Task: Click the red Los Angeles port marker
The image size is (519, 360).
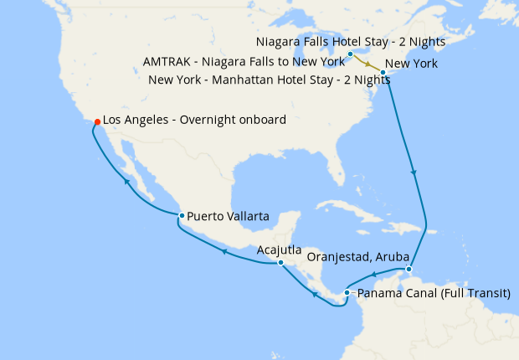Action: pyautogui.click(x=98, y=121)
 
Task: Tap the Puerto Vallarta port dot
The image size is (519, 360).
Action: pyautogui.click(x=181, y=216)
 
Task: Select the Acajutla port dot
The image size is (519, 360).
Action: pyautogui.click(x=280, y=263)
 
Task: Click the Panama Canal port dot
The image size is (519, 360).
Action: pyautogui.click(x=347, y=293)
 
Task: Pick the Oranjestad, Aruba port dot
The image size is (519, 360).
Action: pyautogui.click(x=408, y=270)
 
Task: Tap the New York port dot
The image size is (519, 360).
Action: pyautogui.click(x=383, y=73)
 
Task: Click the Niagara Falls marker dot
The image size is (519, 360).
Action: pyautogui.click(x=350, y=54)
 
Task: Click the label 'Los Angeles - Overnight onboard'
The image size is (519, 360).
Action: pyautogui.click(x=194, y=121)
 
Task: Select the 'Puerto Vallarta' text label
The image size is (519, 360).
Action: pyautogui.click(x=228, y=216)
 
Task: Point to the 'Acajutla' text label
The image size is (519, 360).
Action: pyautogui.click(x=280, y=249)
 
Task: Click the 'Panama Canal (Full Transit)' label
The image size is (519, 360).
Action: pyautogui.click(x=433, y=294)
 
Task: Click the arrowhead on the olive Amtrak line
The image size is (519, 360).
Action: pyautogui.click(x=368, y=62)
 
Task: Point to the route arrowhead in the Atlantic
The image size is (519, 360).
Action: pyautogui.click(x=414, y=172)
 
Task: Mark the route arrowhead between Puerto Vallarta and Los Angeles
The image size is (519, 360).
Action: pyautogui.click(x=126, y=180)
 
